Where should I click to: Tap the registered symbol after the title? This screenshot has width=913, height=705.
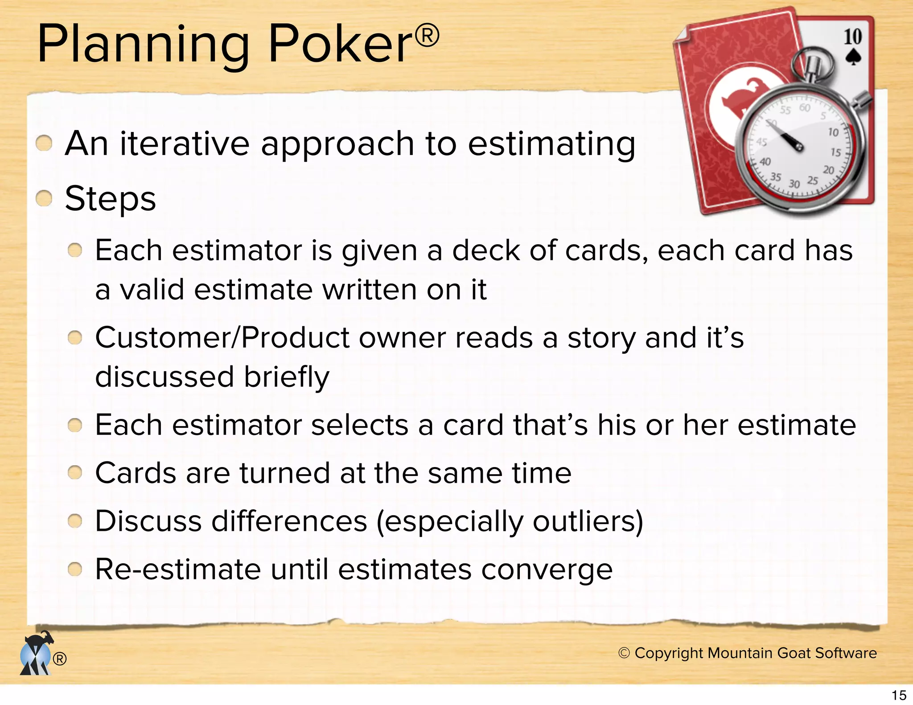click(x=427, y=36)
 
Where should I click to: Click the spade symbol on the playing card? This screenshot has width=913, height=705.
click(x=852, y=57)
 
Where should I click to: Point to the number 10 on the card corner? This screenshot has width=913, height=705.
click(x=852, y=37)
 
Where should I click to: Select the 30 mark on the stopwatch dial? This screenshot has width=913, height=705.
click(x=794, y=184)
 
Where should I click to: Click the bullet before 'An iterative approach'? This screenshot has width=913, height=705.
click(x=44, y=143)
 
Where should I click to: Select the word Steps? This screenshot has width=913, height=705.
click(x=111, y=199)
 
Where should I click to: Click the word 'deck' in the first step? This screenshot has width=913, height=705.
click(x=486, y=250)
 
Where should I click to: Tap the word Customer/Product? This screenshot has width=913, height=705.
click(x=222, y=338)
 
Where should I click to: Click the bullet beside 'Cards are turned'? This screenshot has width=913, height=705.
click(x=75, y=472)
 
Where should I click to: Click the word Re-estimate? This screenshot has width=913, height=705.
click(x=178, y=570)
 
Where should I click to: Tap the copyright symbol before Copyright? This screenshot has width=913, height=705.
click(x=624, y=653)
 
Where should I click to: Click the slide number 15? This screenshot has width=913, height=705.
click(x=899, y=695)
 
